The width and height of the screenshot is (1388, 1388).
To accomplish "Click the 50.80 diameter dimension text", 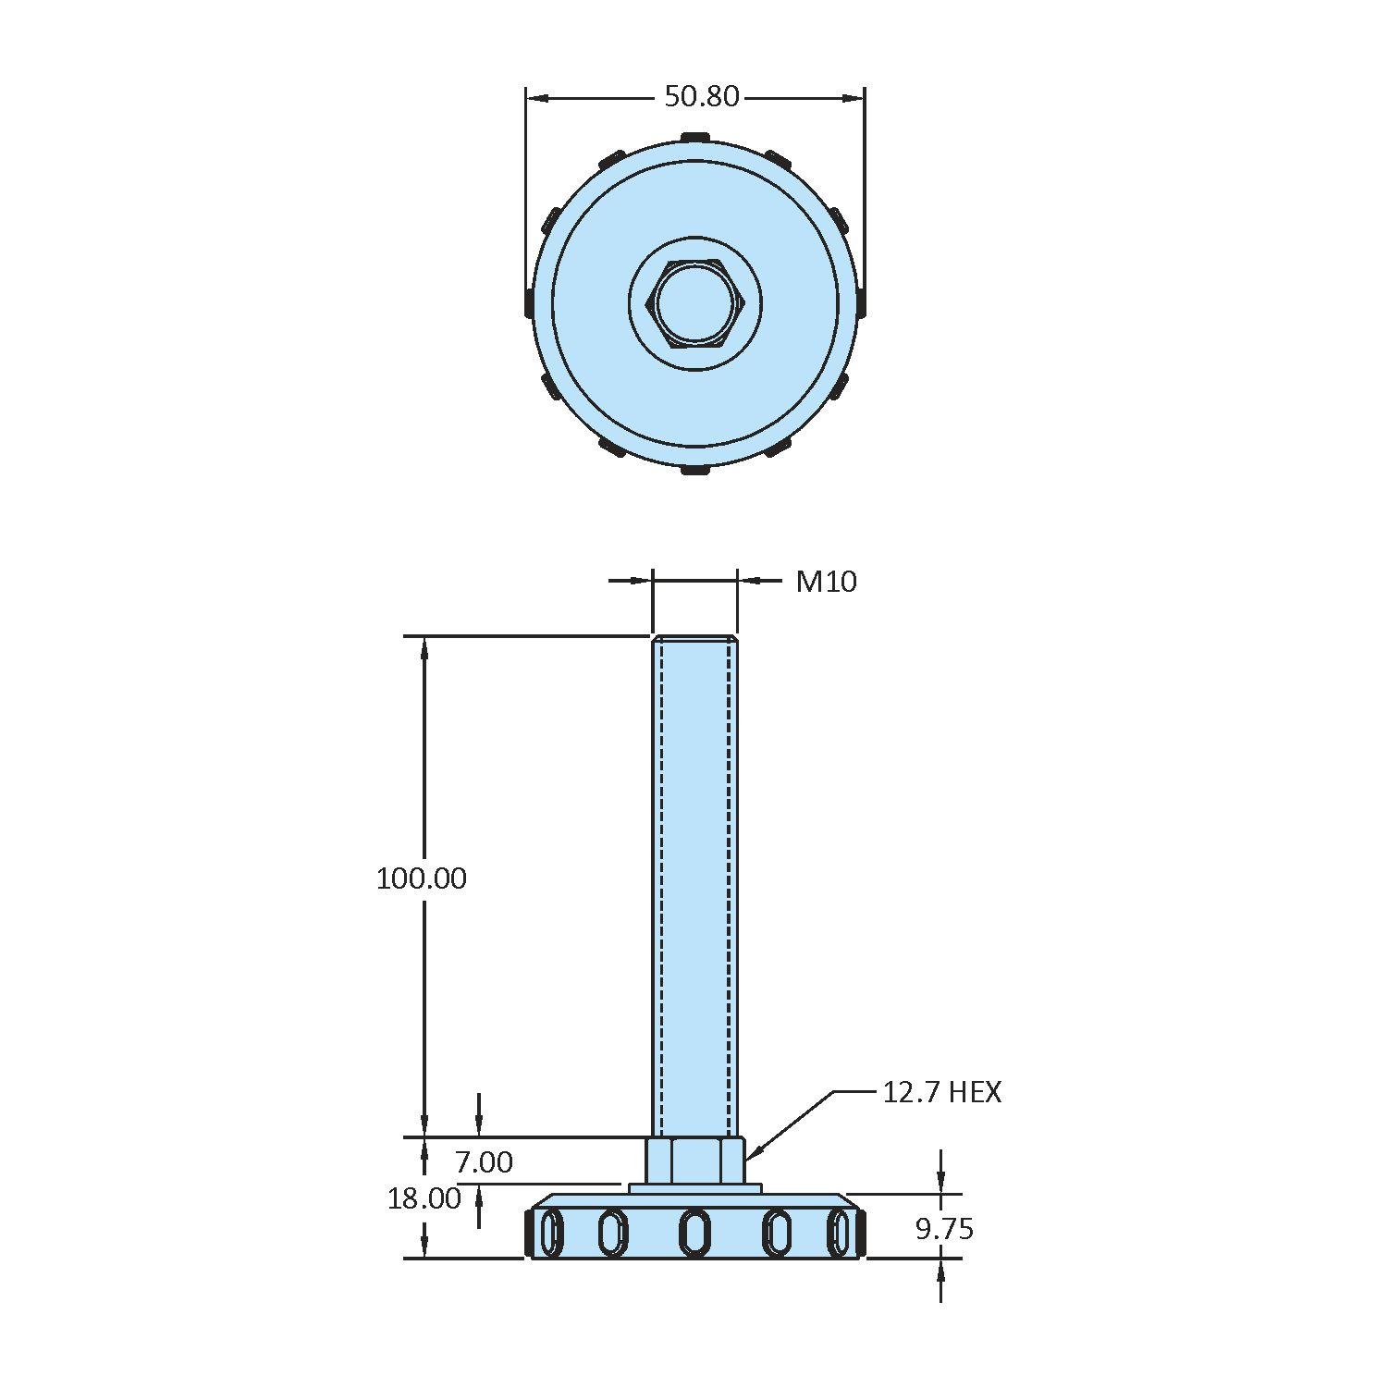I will coord(702,96).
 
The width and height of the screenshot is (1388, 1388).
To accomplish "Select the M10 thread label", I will coord(826,582).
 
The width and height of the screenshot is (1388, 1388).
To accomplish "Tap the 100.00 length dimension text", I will coord(421,878).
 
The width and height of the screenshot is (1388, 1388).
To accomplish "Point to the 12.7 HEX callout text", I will coord(940,1092).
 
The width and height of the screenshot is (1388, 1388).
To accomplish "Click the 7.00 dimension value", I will coord(484,1161).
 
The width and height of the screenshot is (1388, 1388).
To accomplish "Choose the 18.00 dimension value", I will coord(424,1198).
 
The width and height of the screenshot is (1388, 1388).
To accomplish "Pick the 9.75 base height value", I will coord(944,1229).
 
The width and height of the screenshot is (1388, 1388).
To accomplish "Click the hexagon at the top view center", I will coord(695,304).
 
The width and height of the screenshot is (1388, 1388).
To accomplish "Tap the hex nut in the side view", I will coord(695,1160).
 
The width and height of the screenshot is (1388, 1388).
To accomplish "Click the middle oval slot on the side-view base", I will coord(695,1233).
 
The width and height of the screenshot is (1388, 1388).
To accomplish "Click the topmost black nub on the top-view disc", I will coord(695,138).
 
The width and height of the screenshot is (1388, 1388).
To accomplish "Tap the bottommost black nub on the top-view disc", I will coord(695,471).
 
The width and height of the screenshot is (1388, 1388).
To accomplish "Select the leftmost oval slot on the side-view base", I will coord(551,1233).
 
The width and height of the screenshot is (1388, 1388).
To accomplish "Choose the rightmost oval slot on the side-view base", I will coord(840,1233).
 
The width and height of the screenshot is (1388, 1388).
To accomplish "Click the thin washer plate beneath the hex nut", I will coord(695,1188).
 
